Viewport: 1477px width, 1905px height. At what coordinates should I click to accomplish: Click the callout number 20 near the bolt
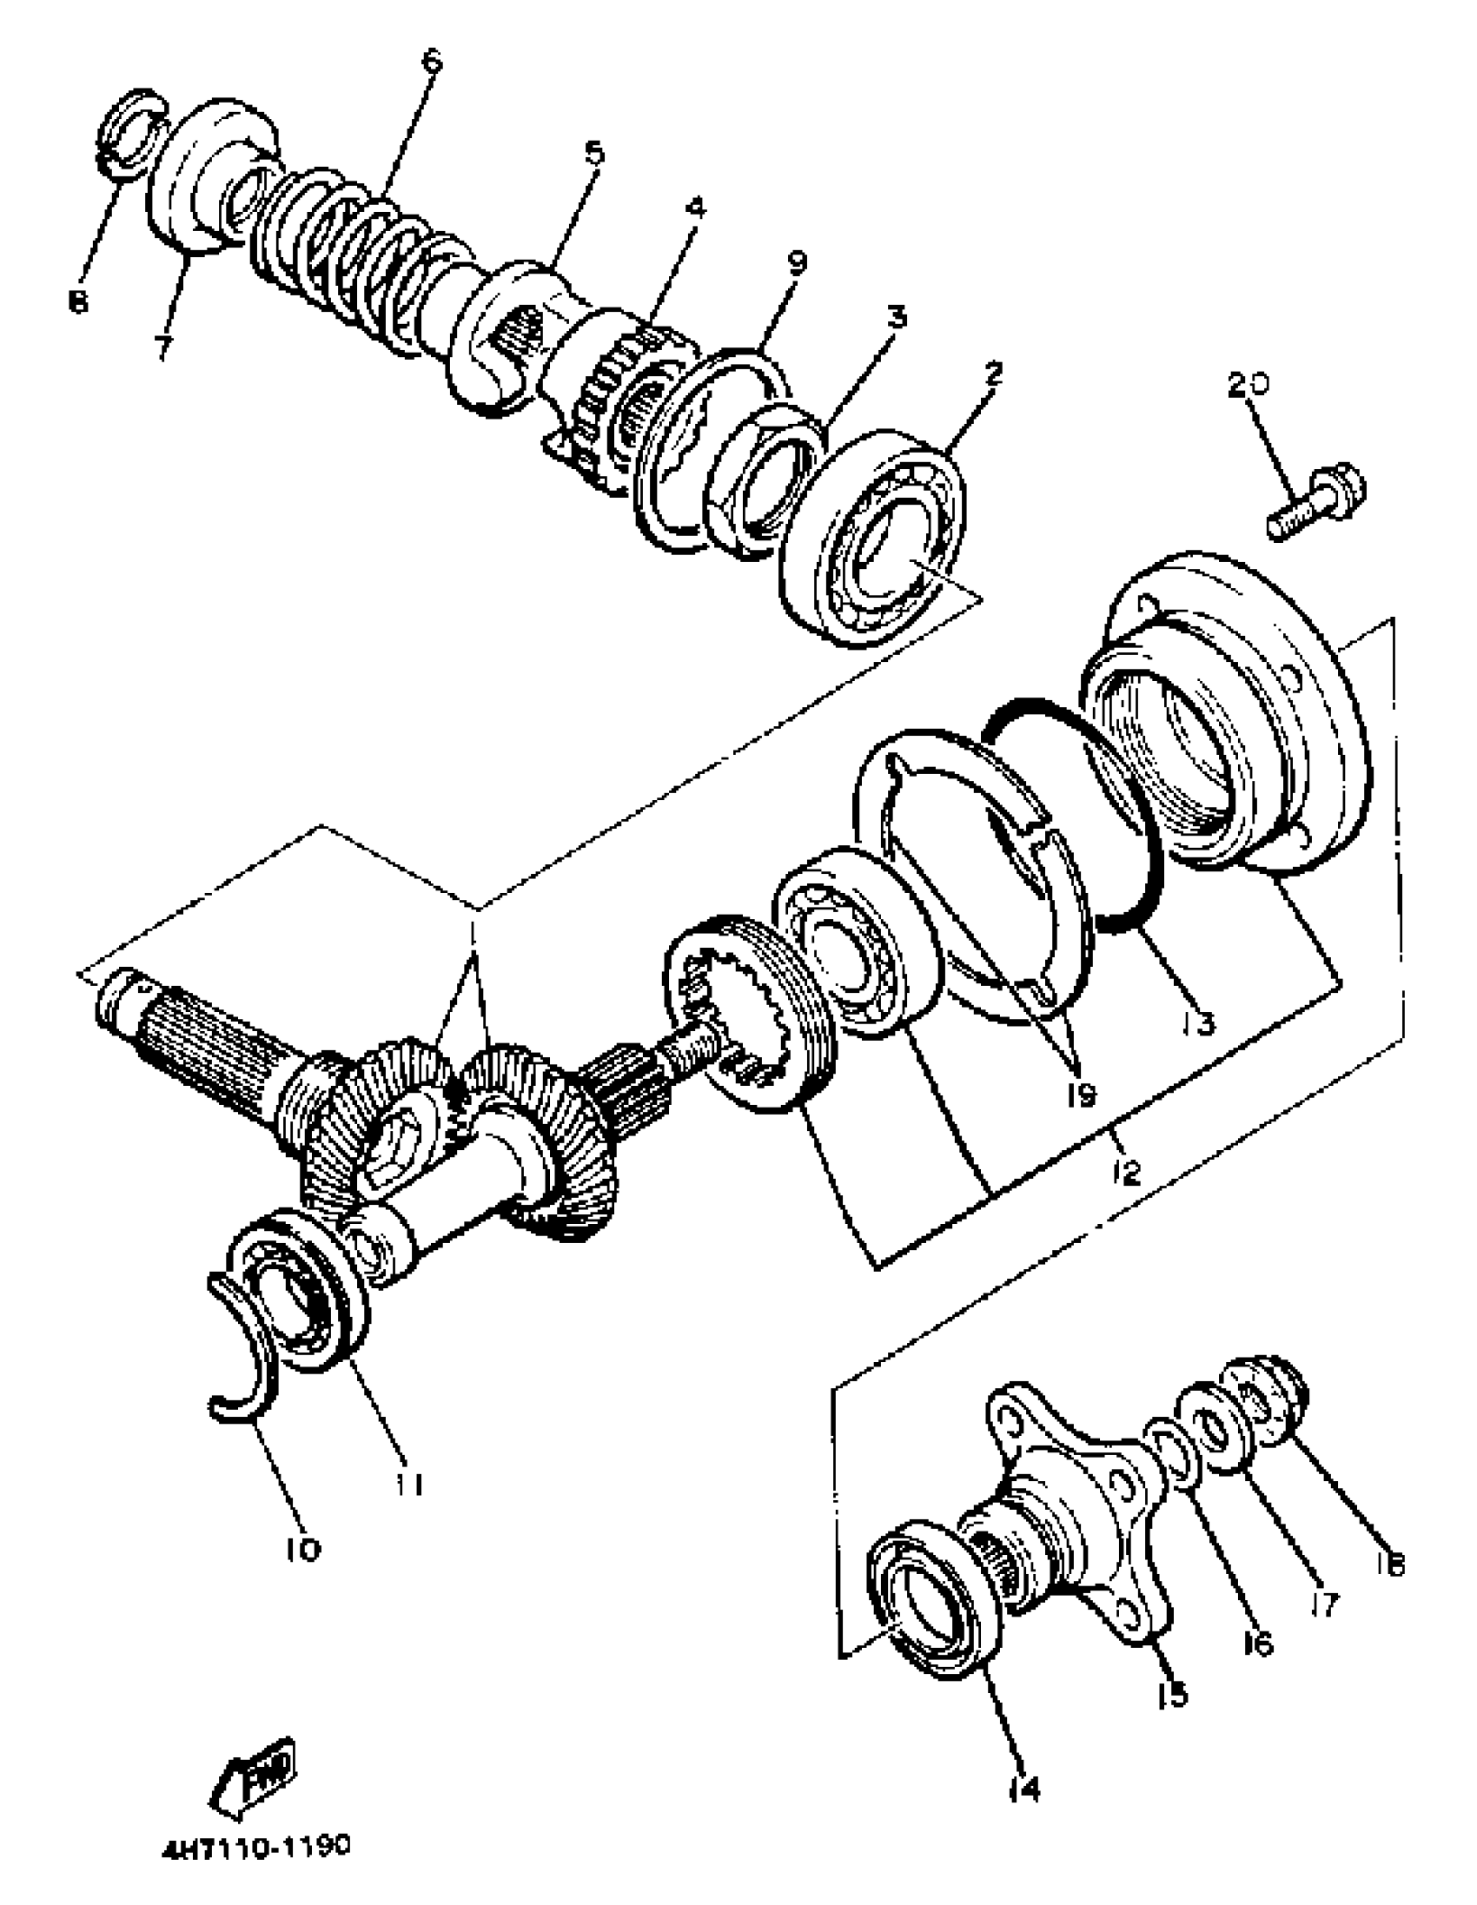[x=1248, y=385]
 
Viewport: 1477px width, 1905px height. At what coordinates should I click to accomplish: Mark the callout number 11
[x=407, y=1483]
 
